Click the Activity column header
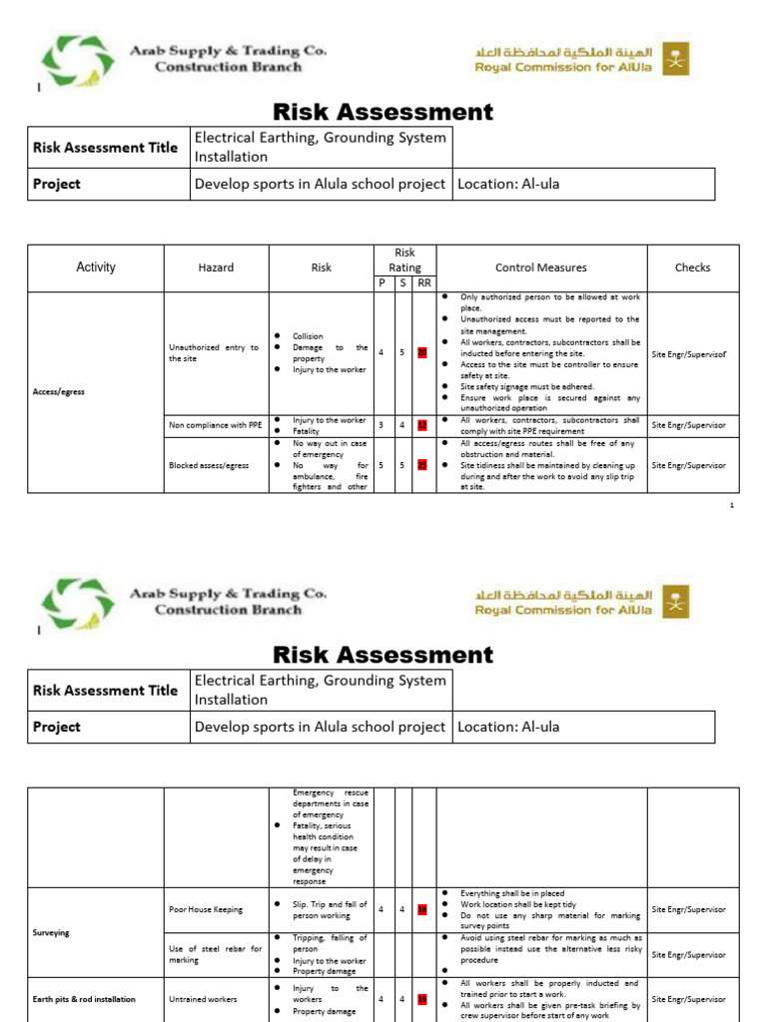point(96,267)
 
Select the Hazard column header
point(216,267)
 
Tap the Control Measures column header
point(541,267)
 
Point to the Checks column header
point(692,267)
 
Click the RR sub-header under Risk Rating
point(422,283)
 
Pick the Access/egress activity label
point(58,392)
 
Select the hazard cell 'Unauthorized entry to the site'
point(214,352)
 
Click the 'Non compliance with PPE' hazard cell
point(215,425)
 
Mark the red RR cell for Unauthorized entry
point(421,352)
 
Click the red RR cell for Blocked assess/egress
point(421,465)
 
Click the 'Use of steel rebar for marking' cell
point(214,954)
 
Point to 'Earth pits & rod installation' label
point(84,999)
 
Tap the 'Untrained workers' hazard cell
point(203,999)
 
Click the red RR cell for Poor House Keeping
point(421,910)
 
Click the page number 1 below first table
point(731,506)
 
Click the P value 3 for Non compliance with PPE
point(381,425)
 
